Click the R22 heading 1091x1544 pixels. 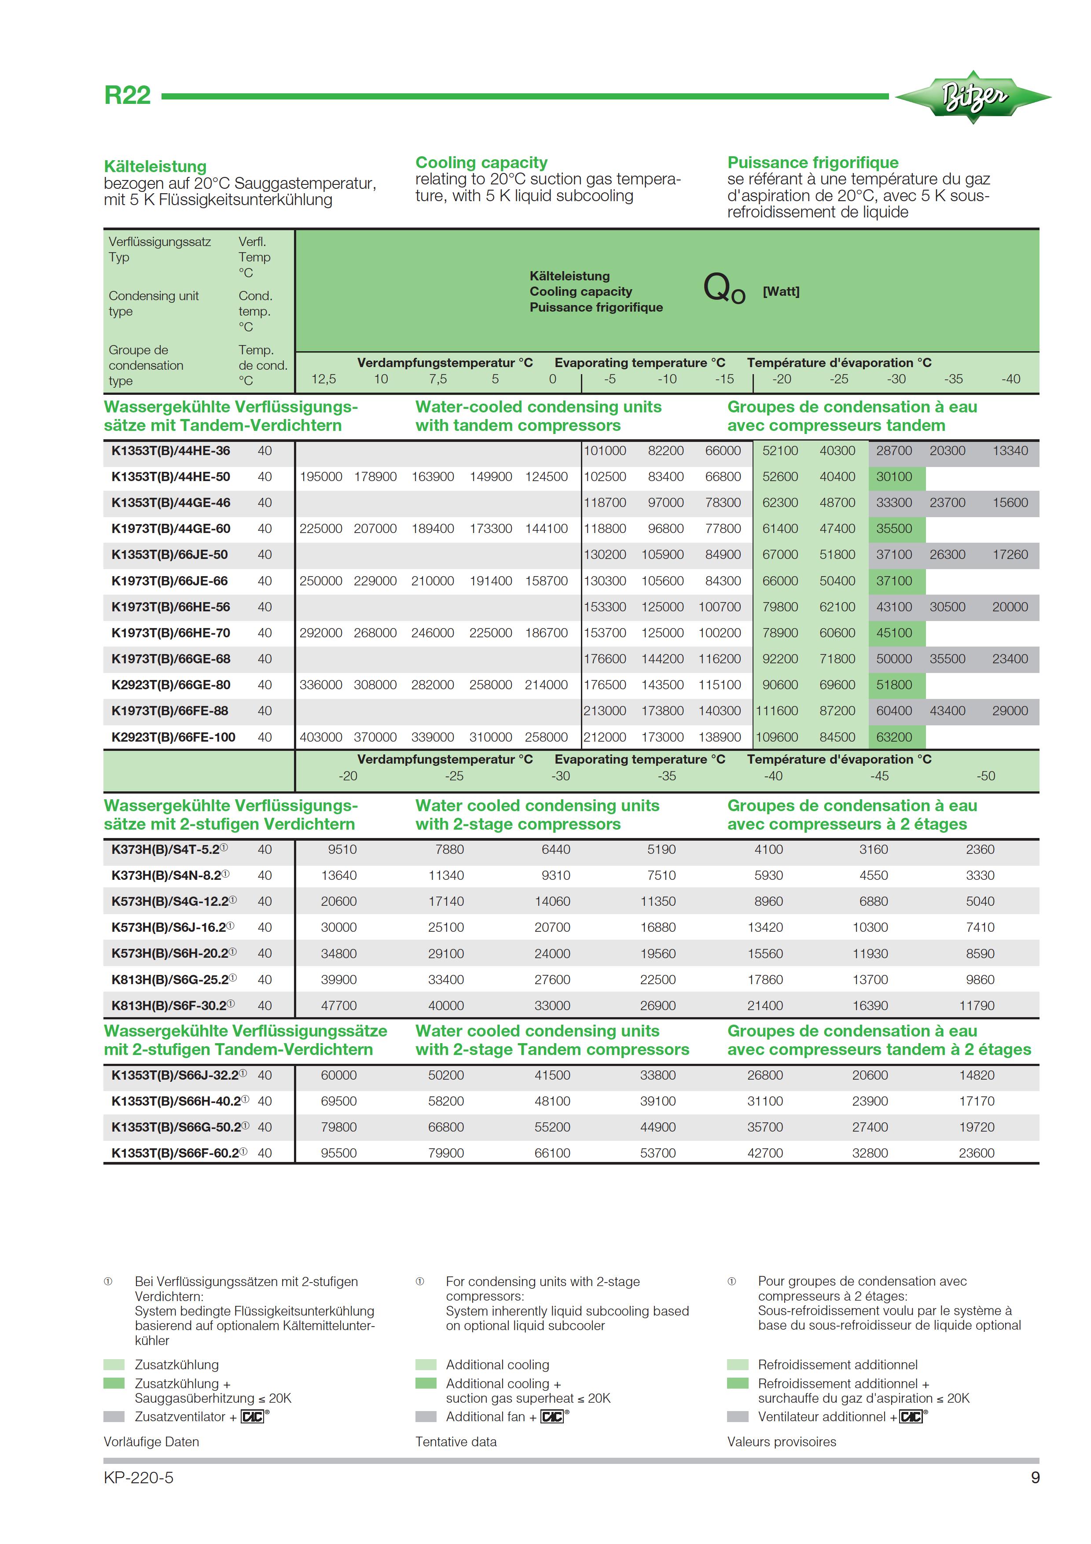(x=127, y=96)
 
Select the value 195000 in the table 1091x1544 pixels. (x=321, y=477)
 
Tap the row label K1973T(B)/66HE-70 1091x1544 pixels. (x=171, y=633)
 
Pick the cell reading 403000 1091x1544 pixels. (x=321, y=737)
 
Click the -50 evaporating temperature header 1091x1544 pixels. (x=985, y=776)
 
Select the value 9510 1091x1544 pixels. (x=342, y=849)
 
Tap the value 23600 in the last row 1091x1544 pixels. (x=976, y=1153)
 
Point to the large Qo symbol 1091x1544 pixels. (x=724, y=289)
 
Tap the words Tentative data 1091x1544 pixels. (x=456, y=1441)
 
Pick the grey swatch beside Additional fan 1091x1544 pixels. (x=426, y=1416)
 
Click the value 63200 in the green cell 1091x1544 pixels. (x=894, y=737)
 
